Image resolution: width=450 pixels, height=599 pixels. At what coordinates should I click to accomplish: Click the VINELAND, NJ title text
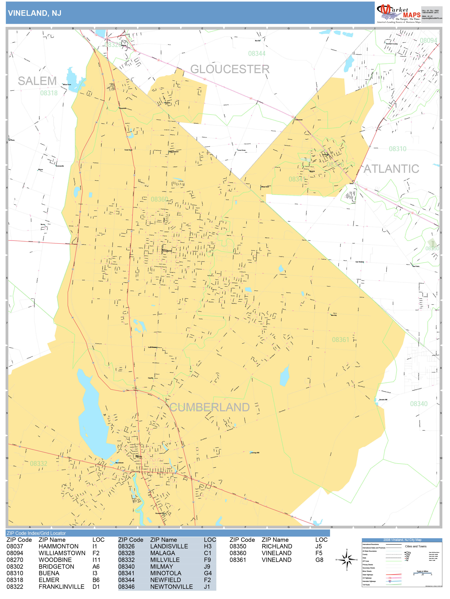(x=34, y=13)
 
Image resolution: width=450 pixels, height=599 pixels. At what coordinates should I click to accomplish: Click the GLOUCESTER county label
(x=230, y=69)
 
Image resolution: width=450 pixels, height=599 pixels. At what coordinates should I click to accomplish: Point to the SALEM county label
(x=37, y=81)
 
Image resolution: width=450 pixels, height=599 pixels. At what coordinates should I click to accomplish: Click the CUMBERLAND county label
(x=209, y=407)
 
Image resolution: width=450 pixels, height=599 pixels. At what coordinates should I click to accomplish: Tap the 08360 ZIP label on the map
(x=159, y=199)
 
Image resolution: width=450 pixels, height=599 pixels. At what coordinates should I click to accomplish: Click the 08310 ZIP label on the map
(x=397, y=149)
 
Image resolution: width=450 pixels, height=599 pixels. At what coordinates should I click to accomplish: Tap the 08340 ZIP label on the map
(x=419, y=404)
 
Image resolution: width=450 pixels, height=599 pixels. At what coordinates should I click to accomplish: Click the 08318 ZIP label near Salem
(x=49, y=93)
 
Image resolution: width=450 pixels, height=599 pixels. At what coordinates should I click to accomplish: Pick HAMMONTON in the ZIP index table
(x=58, y=546)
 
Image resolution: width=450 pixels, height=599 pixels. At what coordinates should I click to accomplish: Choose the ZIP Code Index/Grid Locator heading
(x=36, y=533)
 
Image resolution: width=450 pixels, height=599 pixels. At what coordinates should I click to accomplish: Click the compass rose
(x=347, y=559)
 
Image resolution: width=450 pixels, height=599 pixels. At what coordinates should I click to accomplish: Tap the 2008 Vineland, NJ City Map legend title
(x=402, y=540)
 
